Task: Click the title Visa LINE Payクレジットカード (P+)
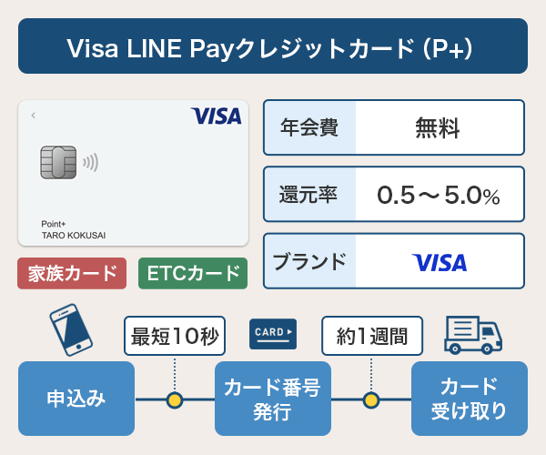coord(272,46)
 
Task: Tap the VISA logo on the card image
coord(216,116)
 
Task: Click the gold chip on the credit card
coord(58,163)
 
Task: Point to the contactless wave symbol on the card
coord(90,164)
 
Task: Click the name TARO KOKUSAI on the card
coord(74,235)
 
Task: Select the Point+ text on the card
coord(56,223)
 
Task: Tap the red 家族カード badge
coord(73,273)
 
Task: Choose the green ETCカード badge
coord(193,273)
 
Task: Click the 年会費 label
coord(309,127)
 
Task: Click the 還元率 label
coord(309,195)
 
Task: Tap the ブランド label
coord(309,262)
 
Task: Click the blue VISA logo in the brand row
coord(440,263)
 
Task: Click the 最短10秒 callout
coord(174,338)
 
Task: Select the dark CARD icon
coord(273,334)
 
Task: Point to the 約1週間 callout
coord(371,338)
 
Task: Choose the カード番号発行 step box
coord(273,399)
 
